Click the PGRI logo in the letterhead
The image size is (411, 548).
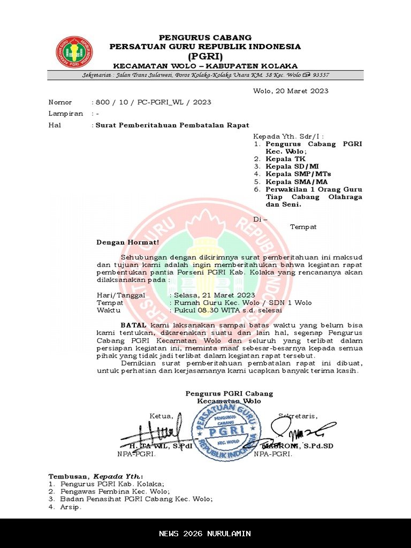click(74, 52)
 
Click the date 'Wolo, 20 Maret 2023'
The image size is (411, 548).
click(291, 91)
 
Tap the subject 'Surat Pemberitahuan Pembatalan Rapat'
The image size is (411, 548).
click(172, 125)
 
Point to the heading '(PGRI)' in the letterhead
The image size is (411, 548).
click(205, 56)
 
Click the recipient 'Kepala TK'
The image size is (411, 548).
click(286, 159)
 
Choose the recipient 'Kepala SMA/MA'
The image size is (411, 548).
click(296, 181)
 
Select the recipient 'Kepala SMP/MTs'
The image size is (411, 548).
click(298, 174)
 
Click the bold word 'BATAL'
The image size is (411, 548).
click(133, 325)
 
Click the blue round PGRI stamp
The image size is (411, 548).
click(226, 431)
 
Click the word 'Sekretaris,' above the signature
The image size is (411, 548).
click(298, 416)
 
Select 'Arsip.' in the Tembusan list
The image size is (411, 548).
click(71, 507)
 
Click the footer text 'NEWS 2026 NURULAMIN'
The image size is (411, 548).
click(205, 534)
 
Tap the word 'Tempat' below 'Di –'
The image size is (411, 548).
click(303, 227)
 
